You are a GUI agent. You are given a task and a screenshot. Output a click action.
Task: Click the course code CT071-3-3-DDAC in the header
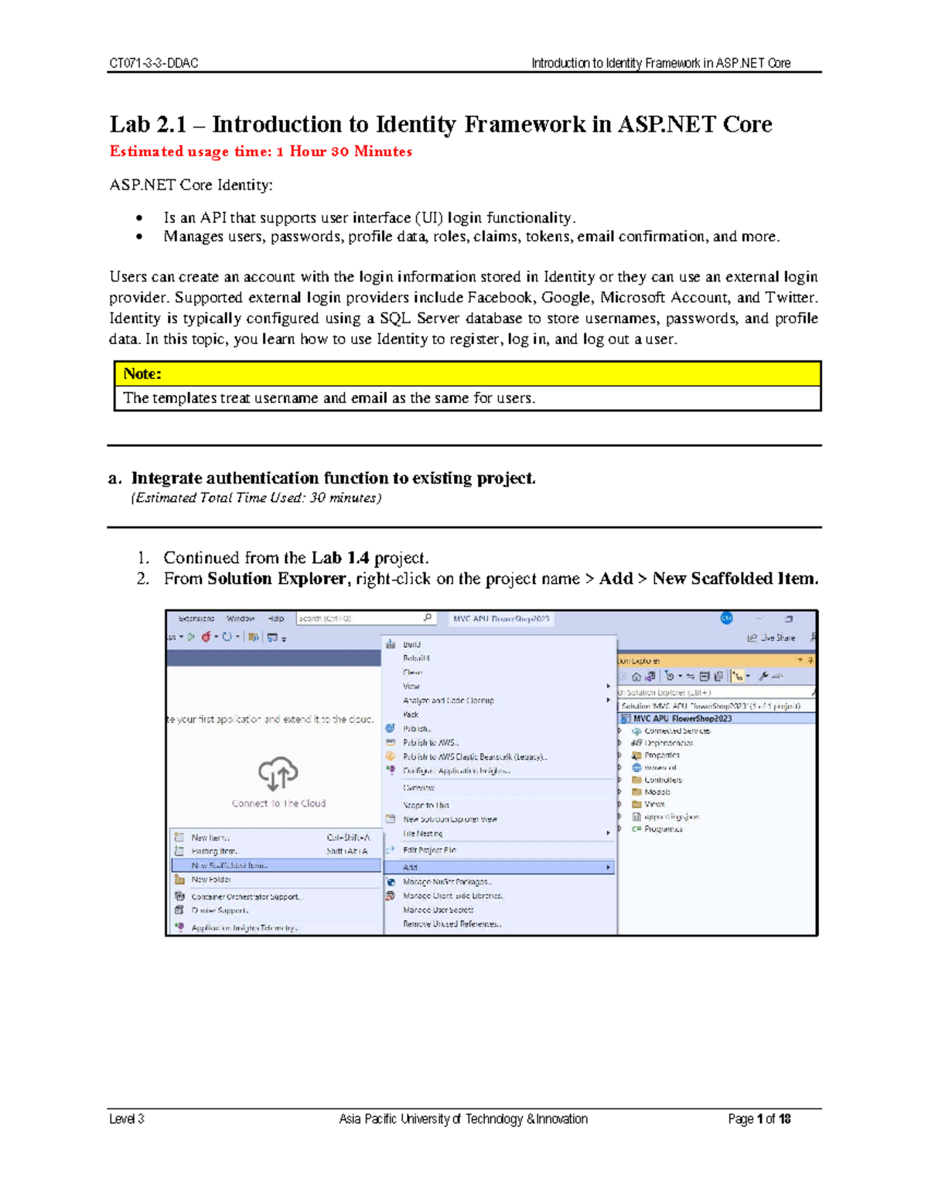tap(154, 63)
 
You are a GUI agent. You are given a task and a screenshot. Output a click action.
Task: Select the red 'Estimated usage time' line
tap(261, 152)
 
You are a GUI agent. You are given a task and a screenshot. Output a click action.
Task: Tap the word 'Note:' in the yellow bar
tap(142, 374)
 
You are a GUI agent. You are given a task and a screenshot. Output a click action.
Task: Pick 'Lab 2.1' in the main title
tap(148, 125)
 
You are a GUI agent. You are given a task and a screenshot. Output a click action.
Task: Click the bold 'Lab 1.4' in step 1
tap(339, 558)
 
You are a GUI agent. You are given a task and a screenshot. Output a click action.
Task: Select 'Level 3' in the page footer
tap(127, 1119)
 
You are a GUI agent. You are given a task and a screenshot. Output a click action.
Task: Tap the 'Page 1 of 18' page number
tap(759, 1119)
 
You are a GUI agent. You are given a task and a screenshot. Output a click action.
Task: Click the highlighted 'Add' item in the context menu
tap(411, 868)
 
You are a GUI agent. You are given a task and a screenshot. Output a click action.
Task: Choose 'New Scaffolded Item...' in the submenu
tap(230, 865)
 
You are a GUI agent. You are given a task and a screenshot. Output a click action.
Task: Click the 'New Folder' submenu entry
tap(211, 879)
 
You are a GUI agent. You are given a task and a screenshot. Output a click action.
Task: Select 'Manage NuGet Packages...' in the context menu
tap(447, 882)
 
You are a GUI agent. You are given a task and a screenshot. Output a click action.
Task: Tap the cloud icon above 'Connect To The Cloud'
tap(278, 773)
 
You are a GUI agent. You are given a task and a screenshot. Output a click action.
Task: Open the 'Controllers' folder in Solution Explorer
tap(663, 780)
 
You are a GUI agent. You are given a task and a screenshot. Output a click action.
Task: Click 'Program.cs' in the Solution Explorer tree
tap(663, 829)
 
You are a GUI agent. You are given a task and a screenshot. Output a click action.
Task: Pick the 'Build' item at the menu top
tap(411, 644)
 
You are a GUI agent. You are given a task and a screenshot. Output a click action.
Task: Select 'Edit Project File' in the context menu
tap(429, 850)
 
